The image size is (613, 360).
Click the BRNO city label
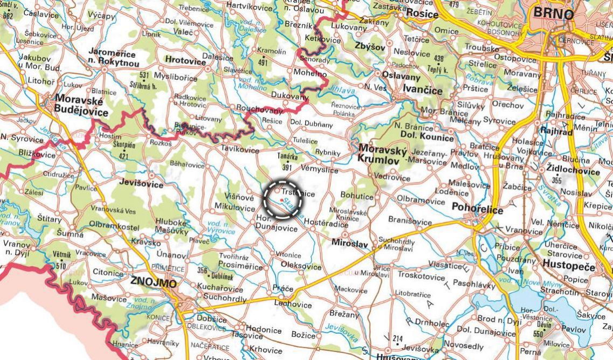[553, 13]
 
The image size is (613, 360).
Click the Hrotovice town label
[186, 61]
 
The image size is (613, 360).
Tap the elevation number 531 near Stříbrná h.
[143, 75]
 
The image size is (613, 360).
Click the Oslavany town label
[401, 76]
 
